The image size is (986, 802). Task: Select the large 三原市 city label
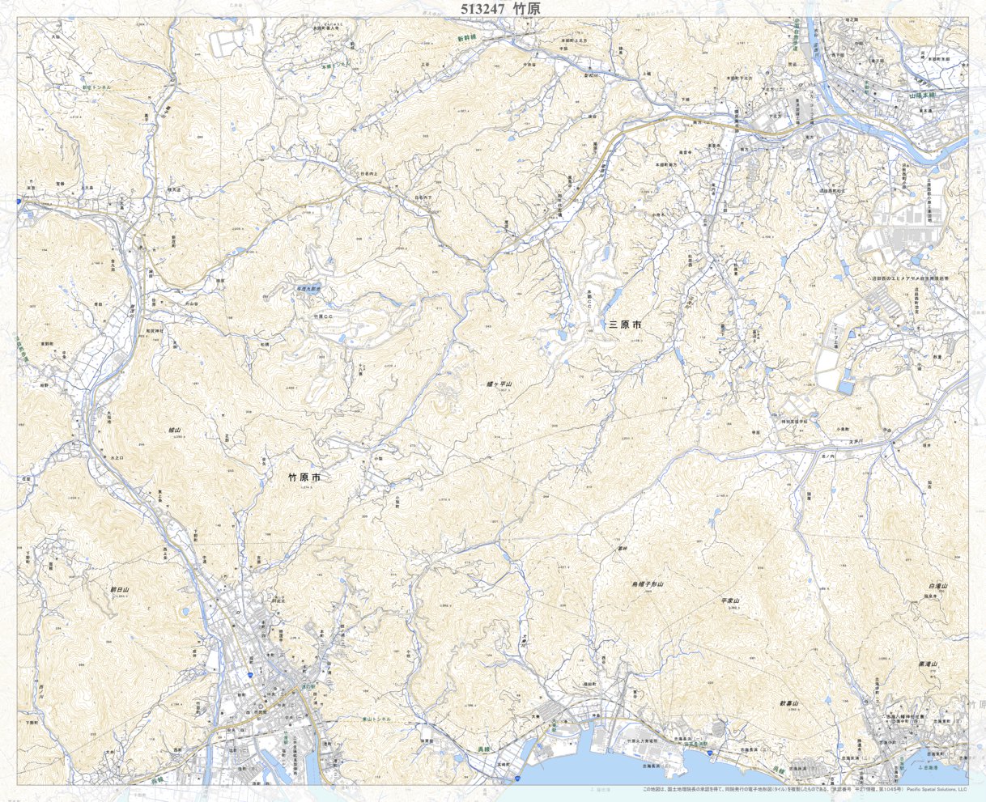[625, 325]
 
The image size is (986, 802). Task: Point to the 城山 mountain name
[175, 431]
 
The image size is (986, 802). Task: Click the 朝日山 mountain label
[120, 590]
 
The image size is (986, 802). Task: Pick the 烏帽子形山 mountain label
[648, 583]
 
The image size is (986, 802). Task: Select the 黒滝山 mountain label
[928, 664]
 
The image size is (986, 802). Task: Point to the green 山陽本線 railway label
[921, 95]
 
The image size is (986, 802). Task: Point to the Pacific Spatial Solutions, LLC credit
[937, 790]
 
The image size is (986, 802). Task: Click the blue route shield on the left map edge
[18, 199]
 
